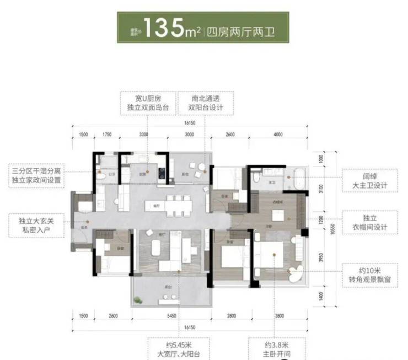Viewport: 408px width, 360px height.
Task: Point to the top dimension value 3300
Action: tap(143, 134)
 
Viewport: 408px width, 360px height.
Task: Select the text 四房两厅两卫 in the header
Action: tap(243, 31)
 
